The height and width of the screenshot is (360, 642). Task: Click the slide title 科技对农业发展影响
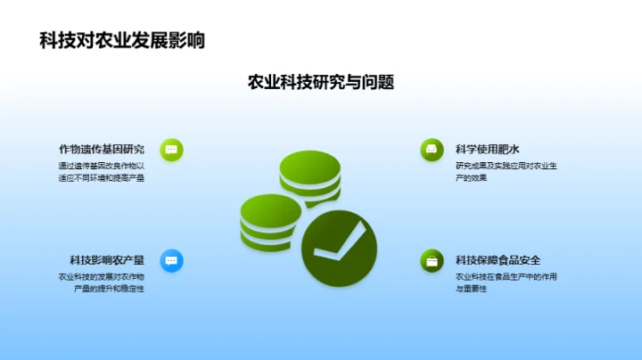click(122, 40)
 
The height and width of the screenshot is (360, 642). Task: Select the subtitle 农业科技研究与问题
click(321, 83)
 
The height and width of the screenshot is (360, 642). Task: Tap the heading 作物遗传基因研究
click(101, 149)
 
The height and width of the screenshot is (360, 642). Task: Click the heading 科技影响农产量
click(107, 260)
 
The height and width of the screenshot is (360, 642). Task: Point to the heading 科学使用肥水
click(487, 149)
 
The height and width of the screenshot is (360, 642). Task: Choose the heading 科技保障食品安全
click(498, 260)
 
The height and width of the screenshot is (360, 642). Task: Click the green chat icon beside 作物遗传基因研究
click(171, 150)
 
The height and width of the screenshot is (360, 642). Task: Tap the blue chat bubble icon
click(171, 260)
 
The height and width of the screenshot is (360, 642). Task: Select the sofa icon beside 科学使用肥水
click(432, 150)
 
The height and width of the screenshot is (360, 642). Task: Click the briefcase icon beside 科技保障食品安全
click(432, 260)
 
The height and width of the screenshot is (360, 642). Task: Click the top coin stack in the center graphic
click(304, 177)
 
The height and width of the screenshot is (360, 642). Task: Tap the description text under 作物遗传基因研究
click(101, 171)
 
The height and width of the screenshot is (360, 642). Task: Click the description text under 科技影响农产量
click(101, 282)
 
